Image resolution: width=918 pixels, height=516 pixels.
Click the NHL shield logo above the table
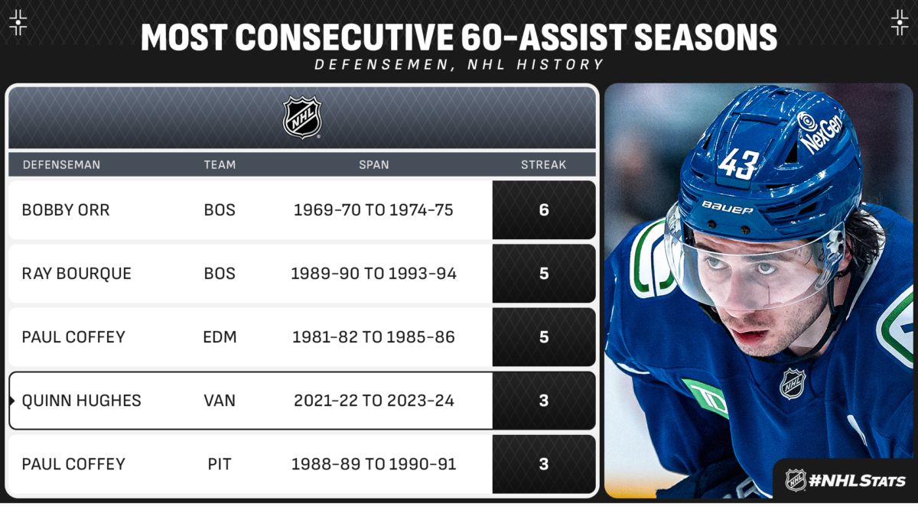302,118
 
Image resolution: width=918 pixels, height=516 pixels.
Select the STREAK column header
543,164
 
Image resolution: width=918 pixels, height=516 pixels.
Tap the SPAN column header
374,164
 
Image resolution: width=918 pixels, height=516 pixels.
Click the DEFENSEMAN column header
61,164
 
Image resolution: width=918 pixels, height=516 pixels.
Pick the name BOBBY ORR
66,210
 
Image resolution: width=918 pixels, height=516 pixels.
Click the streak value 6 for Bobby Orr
544,210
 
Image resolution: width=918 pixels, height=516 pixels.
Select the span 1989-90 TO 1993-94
373,274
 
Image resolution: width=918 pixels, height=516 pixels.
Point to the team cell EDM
220,337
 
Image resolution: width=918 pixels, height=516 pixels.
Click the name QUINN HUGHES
81,401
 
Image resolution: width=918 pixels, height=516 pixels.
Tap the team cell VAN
220,401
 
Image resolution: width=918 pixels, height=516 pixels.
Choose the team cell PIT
220,464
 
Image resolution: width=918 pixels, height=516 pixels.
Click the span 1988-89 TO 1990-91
373,464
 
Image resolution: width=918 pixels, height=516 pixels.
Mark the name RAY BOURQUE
76,274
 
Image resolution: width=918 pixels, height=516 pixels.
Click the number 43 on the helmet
738,164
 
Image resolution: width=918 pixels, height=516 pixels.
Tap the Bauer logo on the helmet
728,208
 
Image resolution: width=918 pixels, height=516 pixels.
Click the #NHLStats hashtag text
858,480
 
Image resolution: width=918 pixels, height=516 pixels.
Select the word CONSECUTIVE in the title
344,37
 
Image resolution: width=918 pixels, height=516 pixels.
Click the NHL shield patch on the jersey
793,384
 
